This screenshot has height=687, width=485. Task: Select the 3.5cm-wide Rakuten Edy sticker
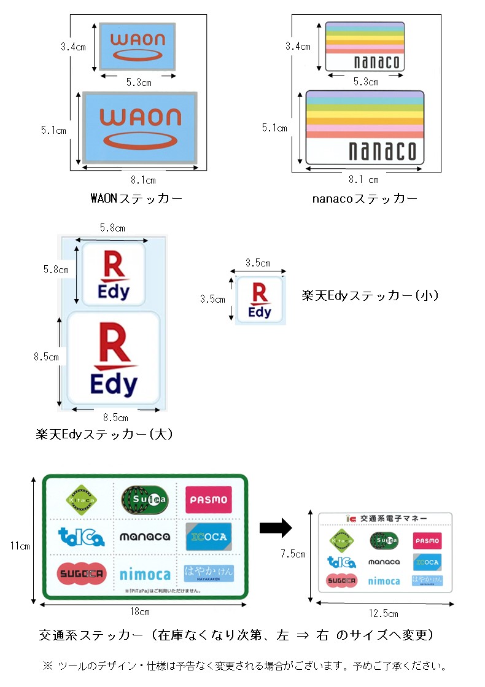pyautogui.click(x=260, y=300)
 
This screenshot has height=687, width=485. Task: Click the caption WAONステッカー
pyautogui.click(x=136, y=199)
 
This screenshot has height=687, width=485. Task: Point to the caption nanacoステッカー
pyautogui.click(x=365, y=199)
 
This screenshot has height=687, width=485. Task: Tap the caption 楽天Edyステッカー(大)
pyautogui.click(x=104, y=435)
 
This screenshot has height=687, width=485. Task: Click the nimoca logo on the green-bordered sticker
pyautogui.click(x=145, y=575)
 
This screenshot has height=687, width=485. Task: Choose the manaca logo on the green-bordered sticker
pyautogui.click(x=145, y=537)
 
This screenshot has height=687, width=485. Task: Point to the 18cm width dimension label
pyautogui.click(x=139, y=612)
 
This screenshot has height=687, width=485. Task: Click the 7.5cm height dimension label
pyautogui.click(x=293, y=554)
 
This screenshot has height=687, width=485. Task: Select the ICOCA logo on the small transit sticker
pyautogui.click(x=427, y=562)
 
